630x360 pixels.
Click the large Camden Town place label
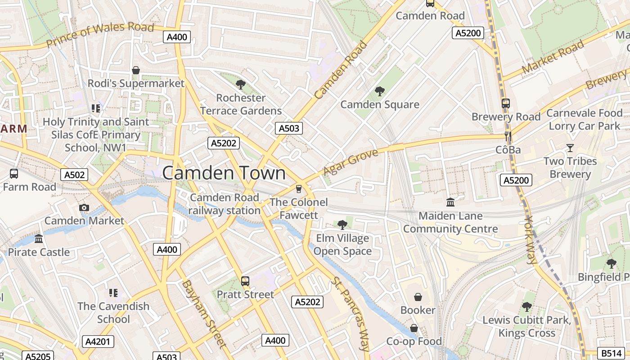coord(224,173)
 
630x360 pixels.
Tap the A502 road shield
coord(74,175)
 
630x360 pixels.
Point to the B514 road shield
coord(611,353)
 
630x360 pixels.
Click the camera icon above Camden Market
coord(84,207)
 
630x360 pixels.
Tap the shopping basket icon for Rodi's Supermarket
coord(136,70)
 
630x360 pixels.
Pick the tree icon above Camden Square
coord(380,91)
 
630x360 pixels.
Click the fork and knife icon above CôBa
coord(508,136)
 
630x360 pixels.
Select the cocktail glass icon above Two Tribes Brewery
coord(570,148)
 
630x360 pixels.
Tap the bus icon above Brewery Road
coord(505,103)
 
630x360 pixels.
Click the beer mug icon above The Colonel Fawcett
coord(298,189)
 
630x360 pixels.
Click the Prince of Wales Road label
coord(100,35)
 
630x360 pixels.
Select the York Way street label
coord(531,239)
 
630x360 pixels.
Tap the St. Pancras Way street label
coord(350,314)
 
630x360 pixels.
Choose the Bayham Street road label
coord(203,314)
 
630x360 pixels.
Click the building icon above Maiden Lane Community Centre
coord(450,202)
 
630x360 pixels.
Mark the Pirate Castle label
coord(39,252)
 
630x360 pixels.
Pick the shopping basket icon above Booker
coord(418,297)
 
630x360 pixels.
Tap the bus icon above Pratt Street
coord(245,281)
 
